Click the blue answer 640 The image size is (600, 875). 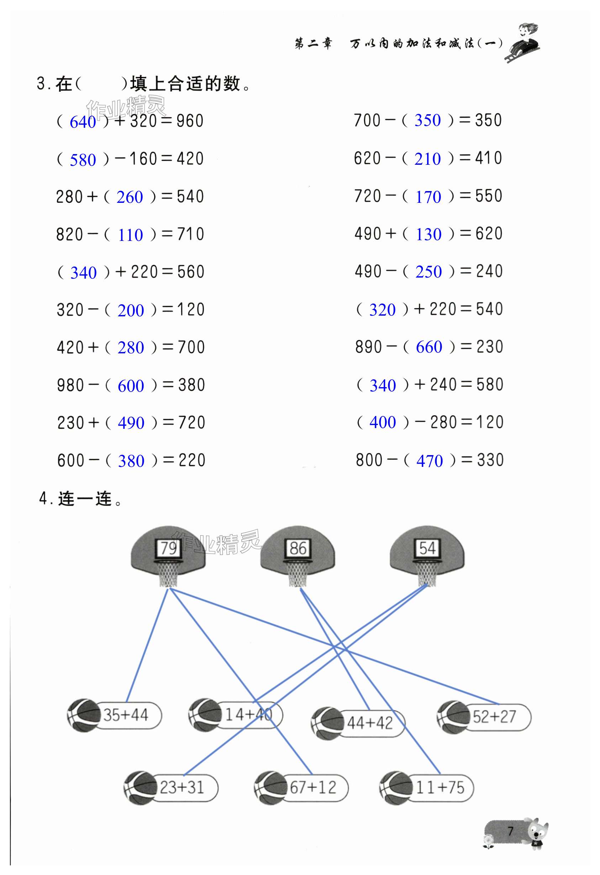coord(83,122)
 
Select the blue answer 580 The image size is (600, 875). coord(83,160)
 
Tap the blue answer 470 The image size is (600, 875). coord(430,461)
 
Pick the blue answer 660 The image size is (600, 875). coord(429,347)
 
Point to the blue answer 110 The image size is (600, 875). coord(130,235)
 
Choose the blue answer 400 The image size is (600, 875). coord(383,422)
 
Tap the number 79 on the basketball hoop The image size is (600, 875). coord(168,548)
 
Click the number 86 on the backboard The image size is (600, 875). coord(298,548)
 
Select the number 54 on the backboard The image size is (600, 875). coord(427,548)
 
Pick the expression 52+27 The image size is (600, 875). coord(494,717)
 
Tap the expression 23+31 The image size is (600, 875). coord(181,787)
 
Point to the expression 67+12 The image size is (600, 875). coord(312,787)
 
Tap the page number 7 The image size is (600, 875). coord(510,831)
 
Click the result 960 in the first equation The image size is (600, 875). coord(190,121)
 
